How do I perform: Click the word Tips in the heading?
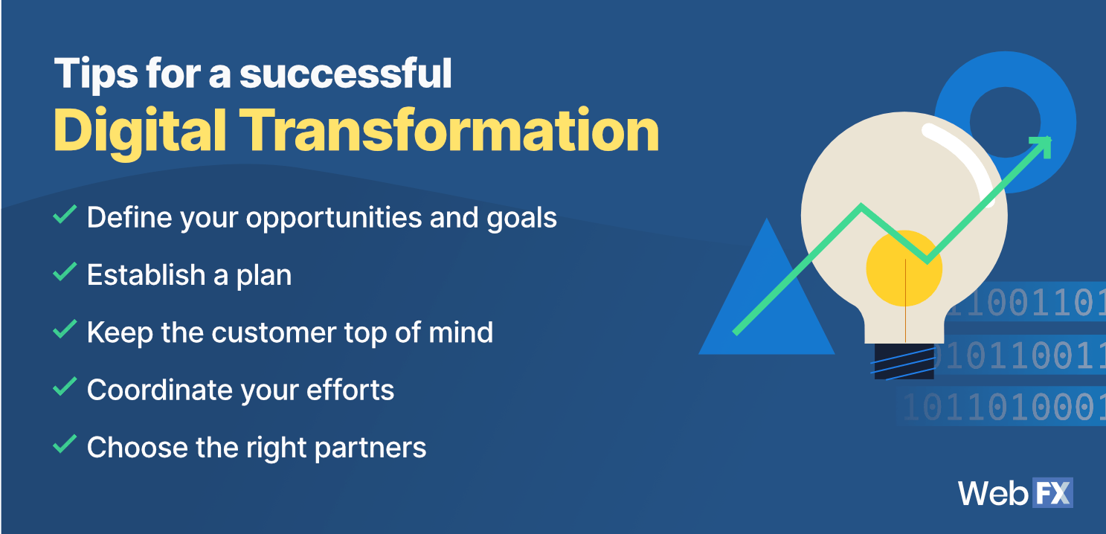96,74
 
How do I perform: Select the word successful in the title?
346,73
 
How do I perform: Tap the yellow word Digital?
140,132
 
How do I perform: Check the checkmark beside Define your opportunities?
65,214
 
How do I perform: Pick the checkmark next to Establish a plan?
65,271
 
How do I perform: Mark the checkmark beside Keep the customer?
65,329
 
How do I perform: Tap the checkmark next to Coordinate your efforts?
65,387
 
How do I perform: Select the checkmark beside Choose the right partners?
65,444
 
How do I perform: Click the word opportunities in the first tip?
334,218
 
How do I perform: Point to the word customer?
274,332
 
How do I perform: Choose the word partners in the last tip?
370,448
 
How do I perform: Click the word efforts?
350,390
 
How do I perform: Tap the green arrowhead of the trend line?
1042,146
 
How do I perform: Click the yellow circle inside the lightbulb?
904,268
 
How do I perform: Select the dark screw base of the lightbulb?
904,361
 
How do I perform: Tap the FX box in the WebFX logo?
1052,492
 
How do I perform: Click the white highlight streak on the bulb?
960,158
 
